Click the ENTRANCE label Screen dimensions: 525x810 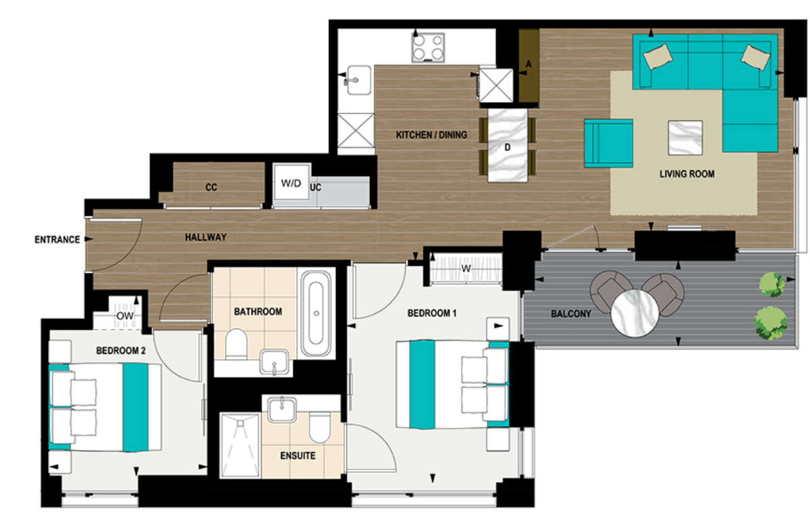pos(57,240)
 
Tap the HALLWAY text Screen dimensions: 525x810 pos(206,238)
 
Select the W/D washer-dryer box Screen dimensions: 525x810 pos(291,184)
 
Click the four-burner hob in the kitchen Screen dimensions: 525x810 pos(429,47)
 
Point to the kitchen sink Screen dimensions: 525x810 pos(358,80)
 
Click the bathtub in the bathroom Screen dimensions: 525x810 pos(316,314)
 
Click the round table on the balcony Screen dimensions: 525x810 pos(634,312)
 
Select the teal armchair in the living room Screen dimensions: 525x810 pos(607,142)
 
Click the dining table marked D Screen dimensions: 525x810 pos(508,145)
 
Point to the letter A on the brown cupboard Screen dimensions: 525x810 pos(529,63)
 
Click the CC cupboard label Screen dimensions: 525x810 pos(212,188)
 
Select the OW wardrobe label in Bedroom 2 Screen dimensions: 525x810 pos(125,315)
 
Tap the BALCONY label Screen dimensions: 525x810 pos(571,314)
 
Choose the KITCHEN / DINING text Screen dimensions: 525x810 pos(431,135)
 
